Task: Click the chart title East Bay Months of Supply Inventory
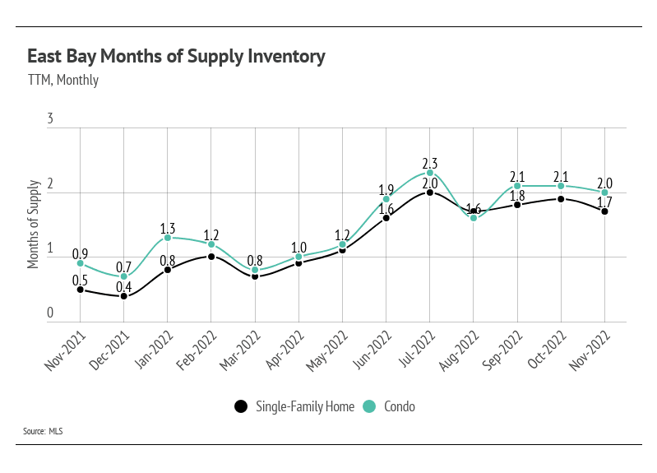177,57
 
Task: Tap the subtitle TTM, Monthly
62,80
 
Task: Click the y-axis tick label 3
50,120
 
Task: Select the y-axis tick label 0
50,313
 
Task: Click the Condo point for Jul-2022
430,173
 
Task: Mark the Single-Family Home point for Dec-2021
124,296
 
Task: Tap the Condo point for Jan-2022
168,238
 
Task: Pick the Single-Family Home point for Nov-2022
605,211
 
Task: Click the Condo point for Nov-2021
81,263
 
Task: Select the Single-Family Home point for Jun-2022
386,218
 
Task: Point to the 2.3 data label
430,161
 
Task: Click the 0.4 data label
124,285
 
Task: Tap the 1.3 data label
168,226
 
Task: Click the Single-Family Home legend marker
241,406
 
